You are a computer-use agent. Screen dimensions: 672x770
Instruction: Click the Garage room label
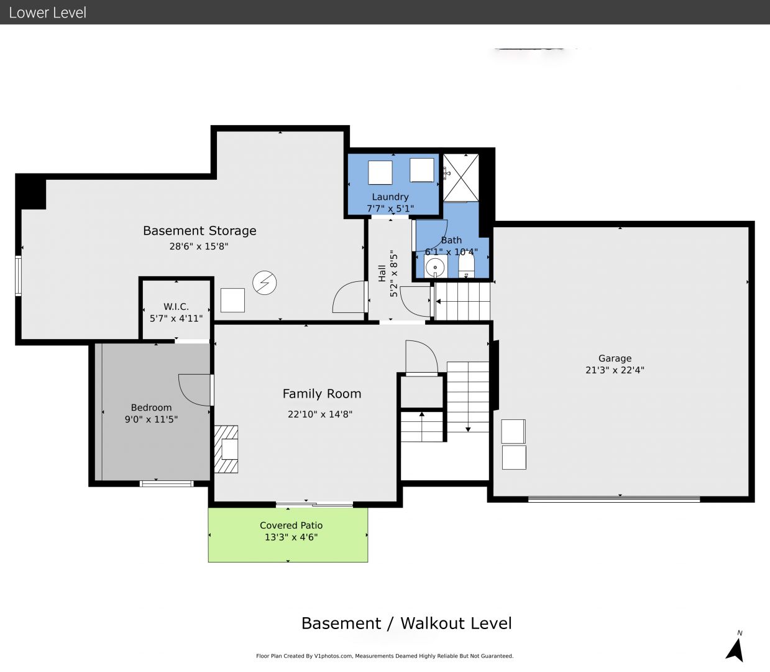pos(615,358)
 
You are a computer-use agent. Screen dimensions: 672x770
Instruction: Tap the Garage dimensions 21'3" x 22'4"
pos(615,370)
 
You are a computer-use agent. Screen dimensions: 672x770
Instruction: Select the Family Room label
pos(321,394)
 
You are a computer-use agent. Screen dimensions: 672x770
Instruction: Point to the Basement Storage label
pos(199,231)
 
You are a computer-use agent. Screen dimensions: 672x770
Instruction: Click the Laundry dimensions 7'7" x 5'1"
pos(390,208)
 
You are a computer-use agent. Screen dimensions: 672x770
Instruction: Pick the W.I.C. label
pos(176,307)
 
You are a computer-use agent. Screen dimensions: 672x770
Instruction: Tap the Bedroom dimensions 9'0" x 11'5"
pos(151,419)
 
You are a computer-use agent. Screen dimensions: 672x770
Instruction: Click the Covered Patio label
pos(291,526)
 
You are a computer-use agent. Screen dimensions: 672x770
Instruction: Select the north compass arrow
pos(735,648)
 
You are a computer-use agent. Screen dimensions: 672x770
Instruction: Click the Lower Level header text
pos(47,12)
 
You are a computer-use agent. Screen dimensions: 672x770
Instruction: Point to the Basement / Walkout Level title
pos(406,623)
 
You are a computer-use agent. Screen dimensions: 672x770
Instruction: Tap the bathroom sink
pos(436,268)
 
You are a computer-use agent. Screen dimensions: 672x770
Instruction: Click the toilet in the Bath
pos(466,267)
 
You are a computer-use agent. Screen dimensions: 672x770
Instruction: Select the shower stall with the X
pos(461,177)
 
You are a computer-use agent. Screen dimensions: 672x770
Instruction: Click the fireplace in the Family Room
pos(226,449)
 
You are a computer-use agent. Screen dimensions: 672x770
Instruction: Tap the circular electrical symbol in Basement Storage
pos(264,283)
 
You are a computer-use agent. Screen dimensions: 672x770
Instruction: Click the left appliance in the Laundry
pos(380,172)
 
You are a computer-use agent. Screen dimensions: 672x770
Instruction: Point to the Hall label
pos(382,273)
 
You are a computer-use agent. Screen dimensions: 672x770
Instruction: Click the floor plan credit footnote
pos(385,656)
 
